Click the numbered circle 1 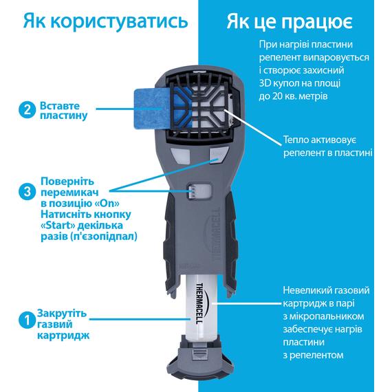click(28, 320)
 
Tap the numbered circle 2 click(28, 110)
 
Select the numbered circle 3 click(28, 192)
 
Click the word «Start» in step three click(58, 226)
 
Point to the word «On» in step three click(107, 204)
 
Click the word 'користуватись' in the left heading click(119, 21)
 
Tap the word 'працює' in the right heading click(317, 23)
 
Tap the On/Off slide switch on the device click(199, 192)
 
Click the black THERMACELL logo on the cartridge click(199, 303)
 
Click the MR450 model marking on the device click(190, 266)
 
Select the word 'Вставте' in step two click(60, 106)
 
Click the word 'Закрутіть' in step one click(62, 313)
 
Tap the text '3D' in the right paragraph click(265, 83)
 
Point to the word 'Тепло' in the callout click(296, 140)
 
